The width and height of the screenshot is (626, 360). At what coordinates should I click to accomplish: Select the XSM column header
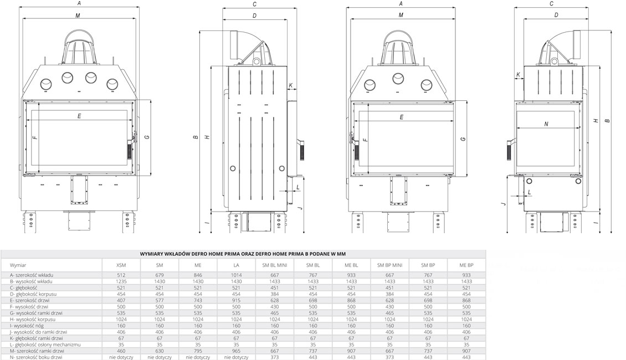coord(121,265)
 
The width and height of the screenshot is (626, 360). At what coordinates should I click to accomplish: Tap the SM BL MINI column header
coord(274,265)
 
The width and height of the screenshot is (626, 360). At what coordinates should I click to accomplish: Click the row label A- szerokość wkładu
coord(32,275)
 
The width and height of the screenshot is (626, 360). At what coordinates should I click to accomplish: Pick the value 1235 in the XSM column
coord(121,281)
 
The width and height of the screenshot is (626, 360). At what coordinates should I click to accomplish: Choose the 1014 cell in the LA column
coord(236,275)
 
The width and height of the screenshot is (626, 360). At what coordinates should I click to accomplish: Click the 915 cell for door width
coord(236,300)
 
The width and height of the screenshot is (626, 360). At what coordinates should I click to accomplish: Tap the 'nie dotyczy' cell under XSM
coord(121,357)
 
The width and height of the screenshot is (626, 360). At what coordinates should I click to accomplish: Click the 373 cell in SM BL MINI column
coord(274,357)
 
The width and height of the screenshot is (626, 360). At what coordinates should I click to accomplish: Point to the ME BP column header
coord(466,265)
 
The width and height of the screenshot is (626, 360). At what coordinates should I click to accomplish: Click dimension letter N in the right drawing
coord(546,124)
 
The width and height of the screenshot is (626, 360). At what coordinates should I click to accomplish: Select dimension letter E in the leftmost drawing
coord(79,116)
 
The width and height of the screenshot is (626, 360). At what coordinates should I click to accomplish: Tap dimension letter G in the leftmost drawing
coord(146,137)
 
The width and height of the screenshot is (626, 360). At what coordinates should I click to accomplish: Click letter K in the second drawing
coord(290,85)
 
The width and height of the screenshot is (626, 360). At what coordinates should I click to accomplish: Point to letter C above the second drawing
coord(254,4)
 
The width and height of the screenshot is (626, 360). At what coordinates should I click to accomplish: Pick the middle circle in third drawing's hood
coord(398,78)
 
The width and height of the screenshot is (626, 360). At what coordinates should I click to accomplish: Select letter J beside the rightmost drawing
coord(503,203)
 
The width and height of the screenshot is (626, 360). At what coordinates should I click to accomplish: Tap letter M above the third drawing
coord(401,16)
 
